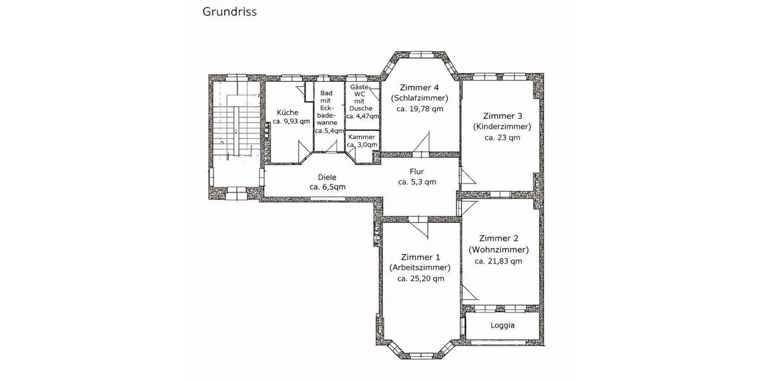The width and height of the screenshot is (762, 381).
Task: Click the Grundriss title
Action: [x=229, y=11]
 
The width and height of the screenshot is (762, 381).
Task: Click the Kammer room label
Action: [x=362, y=137]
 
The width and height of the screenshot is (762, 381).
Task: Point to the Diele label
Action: [x=327, y=178]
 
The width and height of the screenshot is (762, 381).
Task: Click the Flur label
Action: [x=417, y=171]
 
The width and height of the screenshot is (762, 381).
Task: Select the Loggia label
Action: [x=502, y=325]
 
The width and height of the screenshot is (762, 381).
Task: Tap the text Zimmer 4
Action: [x=419, y=88]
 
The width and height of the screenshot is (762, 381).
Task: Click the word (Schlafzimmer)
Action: [x=419, y=98]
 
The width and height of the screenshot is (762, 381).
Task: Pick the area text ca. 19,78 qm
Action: [x=419, y=109]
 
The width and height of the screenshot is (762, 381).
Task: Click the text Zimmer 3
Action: [x=502, y=116]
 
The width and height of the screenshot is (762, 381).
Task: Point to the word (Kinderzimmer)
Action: [x=502, y=126]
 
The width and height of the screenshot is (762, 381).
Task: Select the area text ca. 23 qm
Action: [x=502, y=137]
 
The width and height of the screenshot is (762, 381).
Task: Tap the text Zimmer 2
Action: [x=498, y=239]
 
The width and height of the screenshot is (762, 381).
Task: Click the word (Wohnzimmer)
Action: [x=498, y=250]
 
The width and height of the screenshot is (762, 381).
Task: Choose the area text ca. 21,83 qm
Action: [x=498, y=260]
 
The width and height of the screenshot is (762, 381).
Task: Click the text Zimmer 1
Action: [x=420, y=257]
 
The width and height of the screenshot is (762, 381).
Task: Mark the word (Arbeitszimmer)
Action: [x=420, y=268]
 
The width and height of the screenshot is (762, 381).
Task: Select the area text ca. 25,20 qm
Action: [x=420, y=279]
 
